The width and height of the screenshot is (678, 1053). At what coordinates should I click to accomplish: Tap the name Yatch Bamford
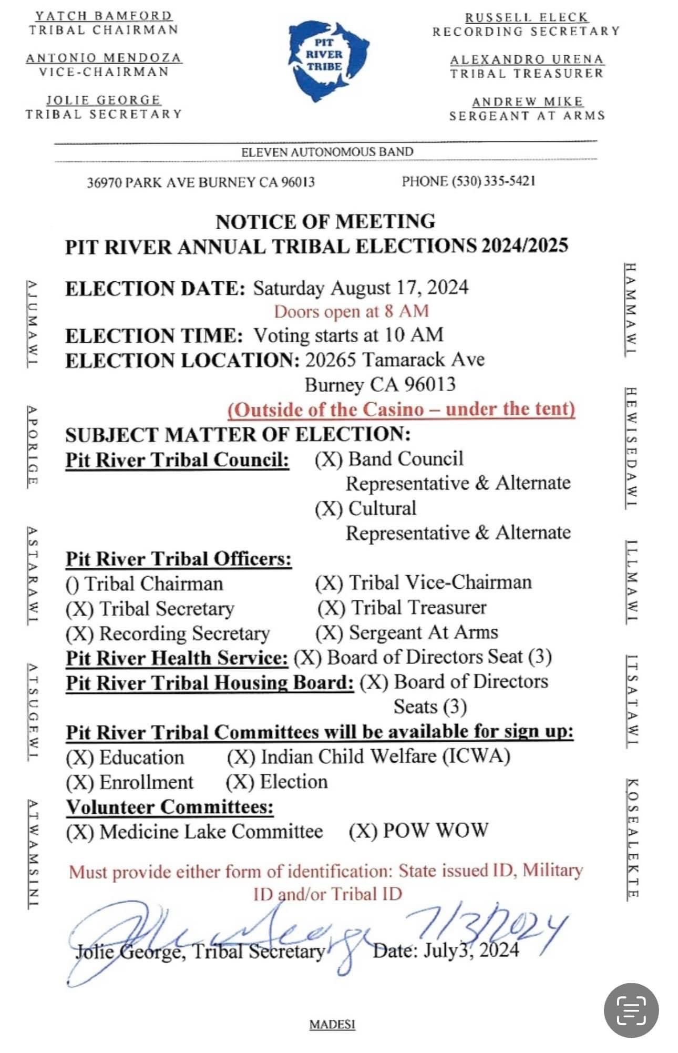pyautogui.click(x=104, y=16)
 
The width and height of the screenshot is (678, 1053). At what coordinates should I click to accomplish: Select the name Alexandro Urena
pyautogui.click(x=527, y=59)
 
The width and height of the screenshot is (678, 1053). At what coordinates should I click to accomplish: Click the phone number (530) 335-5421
pyautogui.click(x=469, y=181)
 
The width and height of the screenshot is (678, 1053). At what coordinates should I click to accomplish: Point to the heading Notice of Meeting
pyautogui.click(x=325, y=221)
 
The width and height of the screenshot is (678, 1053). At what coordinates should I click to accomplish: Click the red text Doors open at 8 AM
pyautogui.click(x=351, y=311)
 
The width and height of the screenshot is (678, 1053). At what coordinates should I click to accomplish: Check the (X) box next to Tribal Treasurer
pyautogui.click(x=331, y=608)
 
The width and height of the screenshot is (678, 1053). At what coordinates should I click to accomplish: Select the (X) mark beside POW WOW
pyautogui.click(x=363, y=831)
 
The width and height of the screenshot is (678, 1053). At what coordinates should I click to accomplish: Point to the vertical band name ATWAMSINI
pyautogui.click(x=33, y=854)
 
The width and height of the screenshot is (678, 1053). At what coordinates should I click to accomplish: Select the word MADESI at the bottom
pyautogui.click(x=332, y=1025)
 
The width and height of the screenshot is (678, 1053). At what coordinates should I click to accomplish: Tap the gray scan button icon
pyautogui.click(x=631, y=1011)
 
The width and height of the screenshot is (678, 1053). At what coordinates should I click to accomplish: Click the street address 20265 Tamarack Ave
pyautogui.click(x=395, y=360)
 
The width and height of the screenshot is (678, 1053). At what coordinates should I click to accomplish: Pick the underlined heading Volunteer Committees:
pyautogui.click(x=170, y=807)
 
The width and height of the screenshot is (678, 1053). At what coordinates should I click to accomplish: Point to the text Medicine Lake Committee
pyautogui.click(x=211, y=832)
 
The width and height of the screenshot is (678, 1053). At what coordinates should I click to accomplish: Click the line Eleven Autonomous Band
pyautogui.click(x=327, y=152)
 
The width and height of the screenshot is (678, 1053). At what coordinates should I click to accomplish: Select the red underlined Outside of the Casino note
pyautogui.click(x=401, y=409)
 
